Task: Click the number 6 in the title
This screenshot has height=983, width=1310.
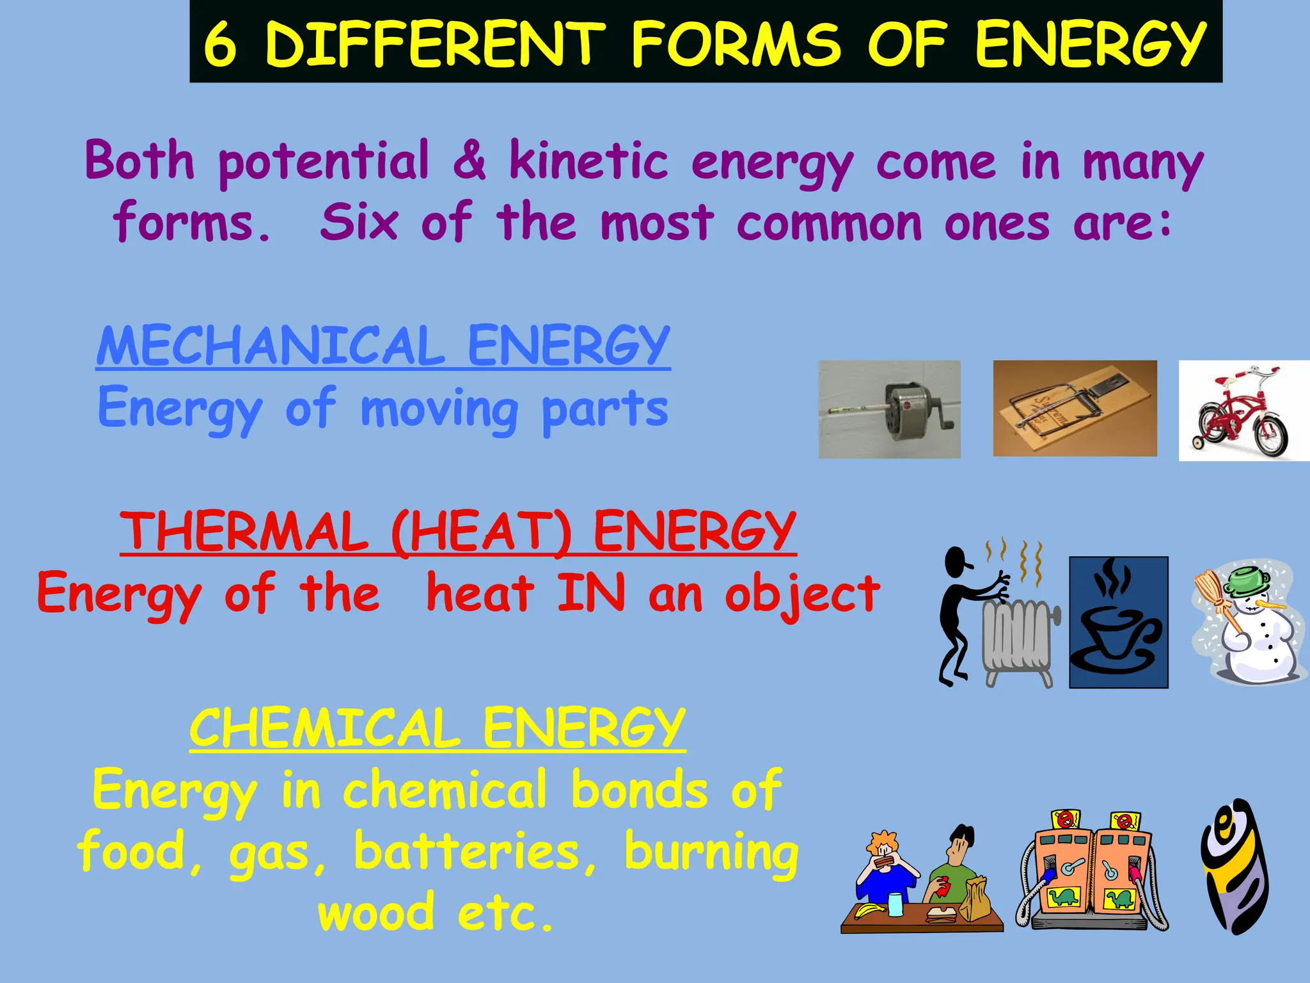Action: pos(220,44)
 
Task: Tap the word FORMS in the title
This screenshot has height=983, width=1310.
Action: pos(736,44)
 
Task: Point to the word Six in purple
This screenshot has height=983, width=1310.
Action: pos(359,222)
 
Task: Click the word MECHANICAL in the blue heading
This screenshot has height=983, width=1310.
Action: pos(271,346)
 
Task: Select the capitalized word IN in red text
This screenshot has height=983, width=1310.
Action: pos(591,593)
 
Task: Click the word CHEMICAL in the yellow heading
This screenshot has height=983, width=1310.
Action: pos(324,728)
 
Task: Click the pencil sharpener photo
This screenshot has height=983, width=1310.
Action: pos(889,410)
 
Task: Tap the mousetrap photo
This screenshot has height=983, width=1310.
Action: pos(1075,408)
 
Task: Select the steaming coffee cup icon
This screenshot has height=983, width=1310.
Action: pos(1118,622)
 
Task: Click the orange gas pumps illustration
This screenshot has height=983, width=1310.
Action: pos(1093,870)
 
